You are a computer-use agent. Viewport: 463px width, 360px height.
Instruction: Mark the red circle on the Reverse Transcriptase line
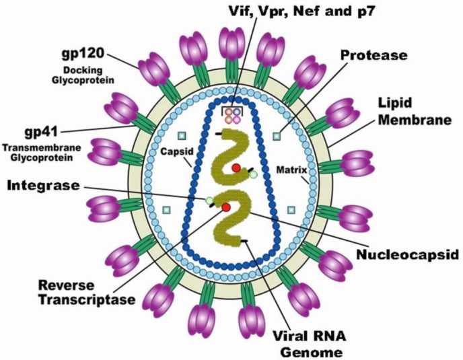226,207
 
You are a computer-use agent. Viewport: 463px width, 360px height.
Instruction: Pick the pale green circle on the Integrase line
210,200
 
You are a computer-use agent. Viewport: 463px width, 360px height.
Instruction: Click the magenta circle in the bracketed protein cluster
237,119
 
